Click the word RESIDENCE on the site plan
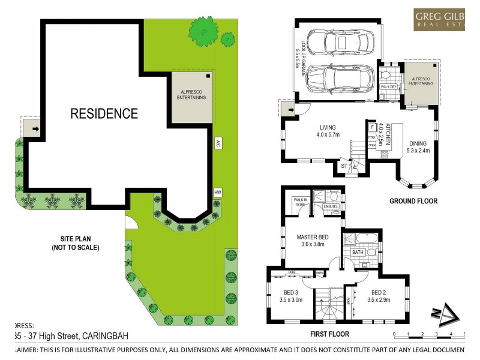click(104, 113)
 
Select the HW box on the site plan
click(217, 192)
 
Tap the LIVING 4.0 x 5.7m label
click(327, 131)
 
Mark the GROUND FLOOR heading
click(413, 201)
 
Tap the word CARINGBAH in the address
click(98, 336)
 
